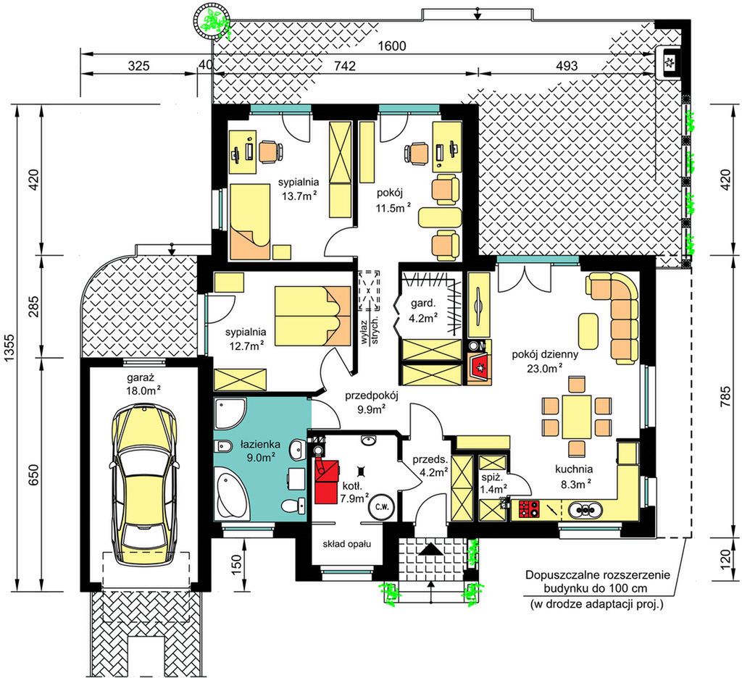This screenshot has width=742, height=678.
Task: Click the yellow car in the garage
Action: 143,485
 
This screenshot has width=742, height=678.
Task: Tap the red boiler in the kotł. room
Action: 327,481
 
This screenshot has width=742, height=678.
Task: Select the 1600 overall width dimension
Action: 392,46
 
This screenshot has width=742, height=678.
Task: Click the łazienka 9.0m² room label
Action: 260,451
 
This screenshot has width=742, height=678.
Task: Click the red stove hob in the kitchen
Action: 530,508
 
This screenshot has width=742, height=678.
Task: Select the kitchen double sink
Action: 585,510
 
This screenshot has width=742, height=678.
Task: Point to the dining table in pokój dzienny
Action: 576,417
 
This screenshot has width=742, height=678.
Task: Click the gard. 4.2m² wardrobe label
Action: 423,310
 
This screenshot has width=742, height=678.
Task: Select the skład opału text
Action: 347,544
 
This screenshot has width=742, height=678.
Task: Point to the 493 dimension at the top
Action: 567,66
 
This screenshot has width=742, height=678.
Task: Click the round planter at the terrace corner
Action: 212,21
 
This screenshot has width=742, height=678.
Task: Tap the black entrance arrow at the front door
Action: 430,549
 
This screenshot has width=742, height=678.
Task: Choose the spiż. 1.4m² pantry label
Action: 493,483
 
